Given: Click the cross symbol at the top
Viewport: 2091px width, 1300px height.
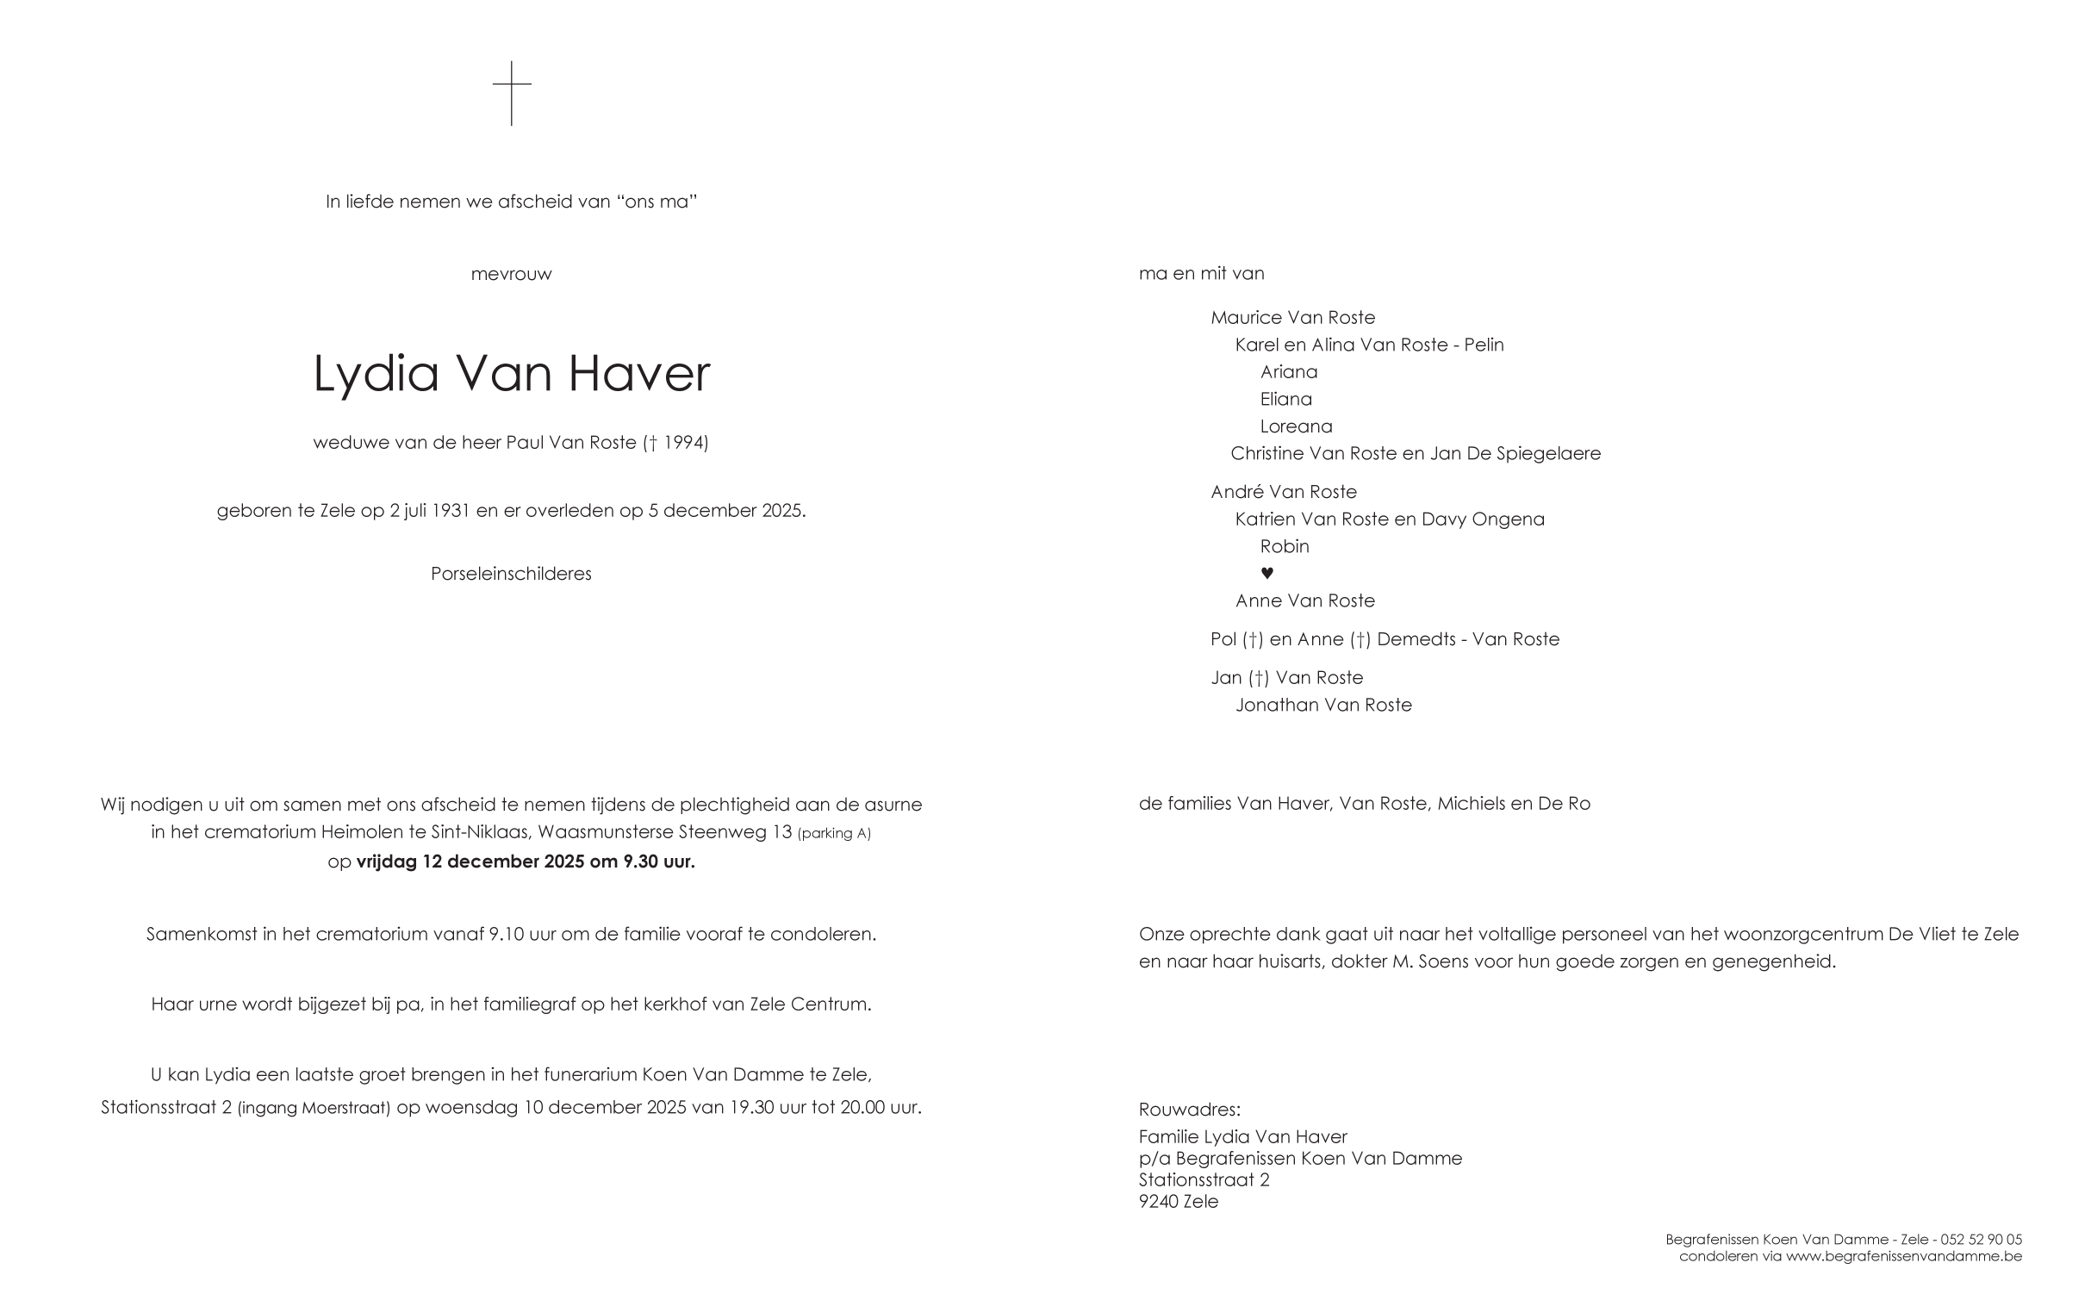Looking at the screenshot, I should (x=512, y=92).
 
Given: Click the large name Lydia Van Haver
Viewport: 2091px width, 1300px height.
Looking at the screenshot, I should (x=511, y=374).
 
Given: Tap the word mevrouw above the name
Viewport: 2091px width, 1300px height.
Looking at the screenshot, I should (x=511, y=275).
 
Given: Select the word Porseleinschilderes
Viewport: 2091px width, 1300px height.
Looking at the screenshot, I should (x=511, y=574).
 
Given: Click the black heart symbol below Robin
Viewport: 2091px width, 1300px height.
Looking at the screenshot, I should (x=1266, y=574).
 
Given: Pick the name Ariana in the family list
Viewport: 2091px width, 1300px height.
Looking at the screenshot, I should (x=1289, y=372).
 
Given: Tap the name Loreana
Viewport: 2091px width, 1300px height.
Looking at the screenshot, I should (x=1296, y=426).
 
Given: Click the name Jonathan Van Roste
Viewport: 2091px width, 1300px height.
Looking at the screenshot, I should (x=1323, y=706).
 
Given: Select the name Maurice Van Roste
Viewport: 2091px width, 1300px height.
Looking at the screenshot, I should (x=1292, y=318).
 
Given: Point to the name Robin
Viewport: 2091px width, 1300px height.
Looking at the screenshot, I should (x=1285, y=547).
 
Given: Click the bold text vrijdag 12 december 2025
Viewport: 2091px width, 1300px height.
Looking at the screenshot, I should (x=470, y=861).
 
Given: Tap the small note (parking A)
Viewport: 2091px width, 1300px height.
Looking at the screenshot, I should (x=834, y=834).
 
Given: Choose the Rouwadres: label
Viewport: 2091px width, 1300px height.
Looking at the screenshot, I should (x=1189, y=1110).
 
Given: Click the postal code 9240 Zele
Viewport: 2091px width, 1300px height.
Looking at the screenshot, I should (x=1178, y=1202).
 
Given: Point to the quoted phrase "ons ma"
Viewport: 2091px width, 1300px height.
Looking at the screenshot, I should (x=657, y=202).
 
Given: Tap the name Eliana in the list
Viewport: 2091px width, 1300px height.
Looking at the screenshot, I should (x=1286, y=400).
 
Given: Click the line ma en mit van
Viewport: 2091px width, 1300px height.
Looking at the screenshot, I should (x=1201, y=274).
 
